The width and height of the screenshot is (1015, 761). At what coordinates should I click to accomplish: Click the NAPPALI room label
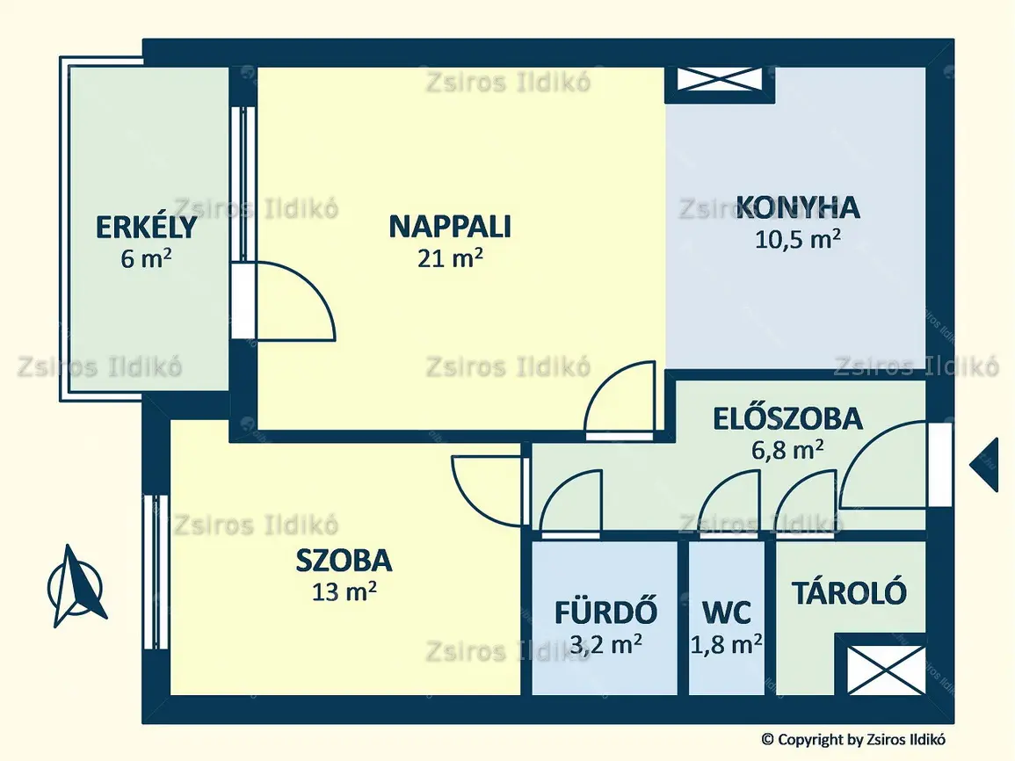[x=450, y=227]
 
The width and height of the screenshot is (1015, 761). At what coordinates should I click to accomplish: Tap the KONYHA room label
[x=798, y=207]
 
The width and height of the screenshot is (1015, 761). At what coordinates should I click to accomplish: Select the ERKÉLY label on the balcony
[x=146, y=227]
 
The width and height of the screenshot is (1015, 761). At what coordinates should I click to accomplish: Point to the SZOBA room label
[x=344, y=561]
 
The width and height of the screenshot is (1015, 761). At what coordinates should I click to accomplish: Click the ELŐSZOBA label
[x=787, y=418]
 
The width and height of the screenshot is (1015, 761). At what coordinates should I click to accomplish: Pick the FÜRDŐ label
[x=605, y=612]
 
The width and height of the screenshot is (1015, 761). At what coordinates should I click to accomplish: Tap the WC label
[x=726, y=612]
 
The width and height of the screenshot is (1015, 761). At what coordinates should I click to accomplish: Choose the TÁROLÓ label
[x=849, y=591]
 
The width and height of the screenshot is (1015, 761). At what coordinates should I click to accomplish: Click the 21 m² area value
[x=450, y=257]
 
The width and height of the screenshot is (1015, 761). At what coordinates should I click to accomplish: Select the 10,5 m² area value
[x=798, y=239]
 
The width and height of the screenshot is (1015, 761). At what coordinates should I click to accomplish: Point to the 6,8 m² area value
[x=787, y=449]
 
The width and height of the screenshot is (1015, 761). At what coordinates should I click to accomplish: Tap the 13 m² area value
[x=344, y=591]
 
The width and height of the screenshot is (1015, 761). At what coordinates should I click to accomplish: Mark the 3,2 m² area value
[x=605, y=644]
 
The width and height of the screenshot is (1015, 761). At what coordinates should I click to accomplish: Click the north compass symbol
[x=75, y=586]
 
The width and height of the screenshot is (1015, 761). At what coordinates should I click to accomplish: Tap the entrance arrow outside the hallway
[x=983, y=465]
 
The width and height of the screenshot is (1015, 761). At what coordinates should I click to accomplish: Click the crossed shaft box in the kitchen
[x=720, y=79]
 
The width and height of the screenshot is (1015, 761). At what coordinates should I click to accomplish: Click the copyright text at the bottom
[x=853, y=739]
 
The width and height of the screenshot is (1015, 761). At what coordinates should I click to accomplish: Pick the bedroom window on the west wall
[x=156, y=572]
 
